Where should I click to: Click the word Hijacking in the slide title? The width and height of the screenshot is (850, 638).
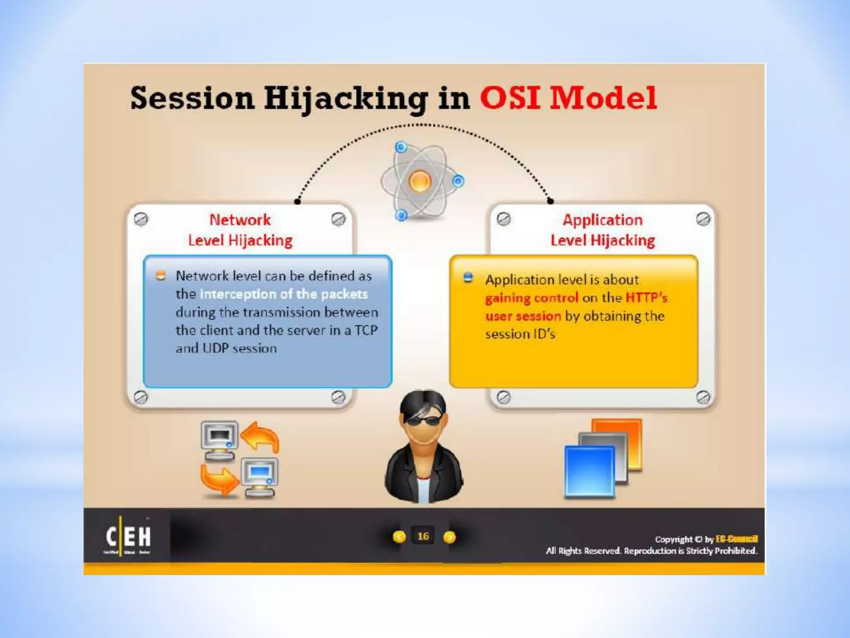346,99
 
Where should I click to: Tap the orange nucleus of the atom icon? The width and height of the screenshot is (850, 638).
420,181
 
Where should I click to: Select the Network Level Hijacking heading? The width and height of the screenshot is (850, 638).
240,230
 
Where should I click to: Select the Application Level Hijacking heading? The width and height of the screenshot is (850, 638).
602,230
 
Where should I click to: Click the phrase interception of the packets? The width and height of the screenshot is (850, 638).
284,294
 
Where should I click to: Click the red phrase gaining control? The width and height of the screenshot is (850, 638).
531,298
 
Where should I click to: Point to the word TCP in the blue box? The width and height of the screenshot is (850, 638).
366,330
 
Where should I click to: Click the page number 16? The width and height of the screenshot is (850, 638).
423,536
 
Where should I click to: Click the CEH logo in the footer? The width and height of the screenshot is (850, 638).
128,536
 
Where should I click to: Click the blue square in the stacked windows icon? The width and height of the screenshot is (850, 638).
589,471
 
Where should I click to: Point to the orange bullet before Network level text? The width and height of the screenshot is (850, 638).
161,275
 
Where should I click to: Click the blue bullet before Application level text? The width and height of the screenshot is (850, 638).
468,278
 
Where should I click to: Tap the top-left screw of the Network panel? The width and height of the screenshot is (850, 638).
141,219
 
